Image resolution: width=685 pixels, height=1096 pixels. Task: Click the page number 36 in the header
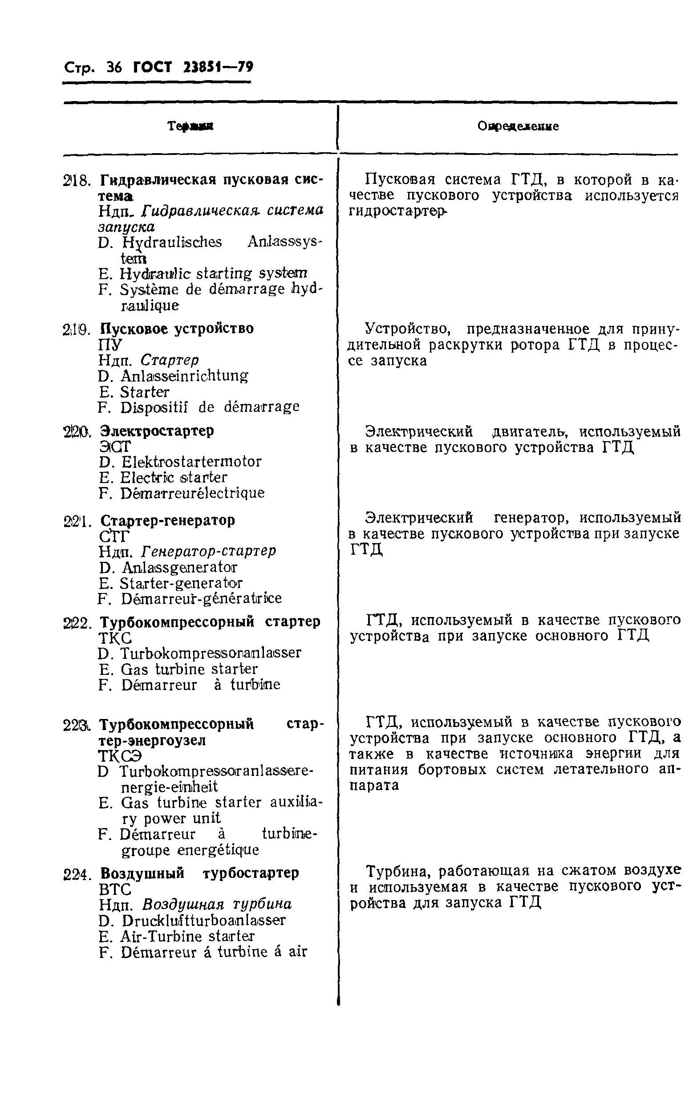113,68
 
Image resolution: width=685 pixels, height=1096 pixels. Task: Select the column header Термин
191,126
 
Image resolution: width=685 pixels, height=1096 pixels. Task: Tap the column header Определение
518,126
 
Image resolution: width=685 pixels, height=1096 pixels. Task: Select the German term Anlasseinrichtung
184,376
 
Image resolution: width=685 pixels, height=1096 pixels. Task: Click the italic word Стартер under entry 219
170,360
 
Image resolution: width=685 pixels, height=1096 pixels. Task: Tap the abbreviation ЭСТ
115,447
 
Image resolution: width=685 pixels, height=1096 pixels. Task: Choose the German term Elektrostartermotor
192,462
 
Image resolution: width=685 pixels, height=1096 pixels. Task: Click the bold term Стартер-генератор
168,520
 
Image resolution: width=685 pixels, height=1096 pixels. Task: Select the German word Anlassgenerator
179,567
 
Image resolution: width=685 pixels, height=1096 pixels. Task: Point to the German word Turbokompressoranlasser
211,654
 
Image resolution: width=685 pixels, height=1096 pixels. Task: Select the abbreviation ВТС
115,889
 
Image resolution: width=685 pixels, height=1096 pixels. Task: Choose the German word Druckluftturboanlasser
204,920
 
